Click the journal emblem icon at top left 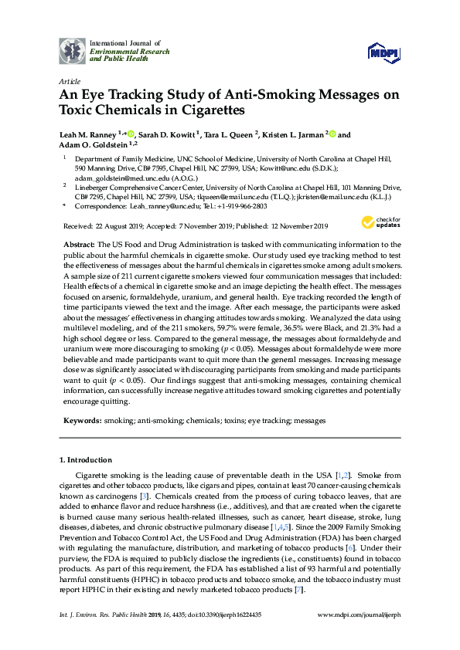(x=73, y=50)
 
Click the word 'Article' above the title (x=69, y=80)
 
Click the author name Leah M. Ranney (x=90, y=135)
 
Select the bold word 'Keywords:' (x=82, y=421)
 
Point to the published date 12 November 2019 (x=296, y=225)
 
